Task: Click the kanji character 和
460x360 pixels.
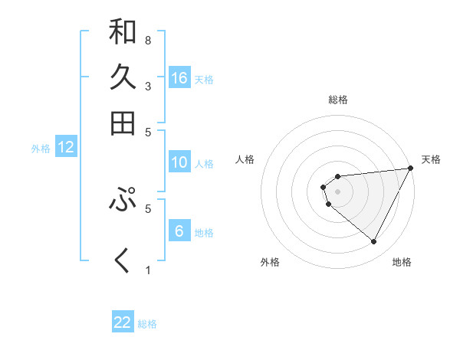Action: [123, 32]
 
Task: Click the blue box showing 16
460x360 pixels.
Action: [179, 78]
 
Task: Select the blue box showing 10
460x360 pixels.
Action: [179, 162]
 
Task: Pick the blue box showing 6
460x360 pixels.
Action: [179, 231]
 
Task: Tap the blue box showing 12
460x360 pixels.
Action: [66, 148]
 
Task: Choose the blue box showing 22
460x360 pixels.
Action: [123, 322]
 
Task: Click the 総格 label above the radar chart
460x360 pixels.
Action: [338, 100]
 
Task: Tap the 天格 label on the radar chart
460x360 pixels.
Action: [431, 159]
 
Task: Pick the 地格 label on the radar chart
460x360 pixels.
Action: [402, 262]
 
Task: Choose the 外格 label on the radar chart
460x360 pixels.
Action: [270, 262]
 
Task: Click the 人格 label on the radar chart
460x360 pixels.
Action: [245, 159]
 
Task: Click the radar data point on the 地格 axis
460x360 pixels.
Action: [373, 242]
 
